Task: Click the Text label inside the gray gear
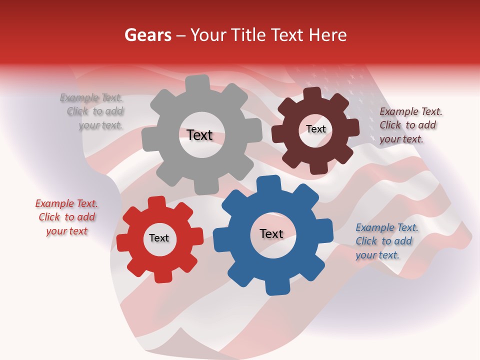[199, 135]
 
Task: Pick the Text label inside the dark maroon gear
[315, 129]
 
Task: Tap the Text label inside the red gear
[159, 238]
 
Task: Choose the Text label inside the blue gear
[271, 233]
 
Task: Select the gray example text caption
[93, 111]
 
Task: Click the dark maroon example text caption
[410, 125]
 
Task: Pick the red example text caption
[66, 217]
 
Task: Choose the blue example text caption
[386, 241]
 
